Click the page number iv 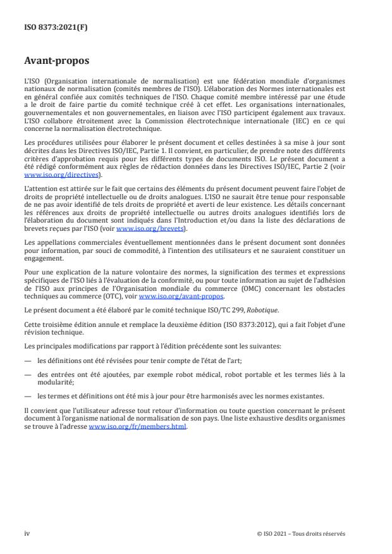[x=27, y=533]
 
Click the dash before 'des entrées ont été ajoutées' [x=28, y=373]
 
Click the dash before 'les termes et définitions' [x=28, y=397]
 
